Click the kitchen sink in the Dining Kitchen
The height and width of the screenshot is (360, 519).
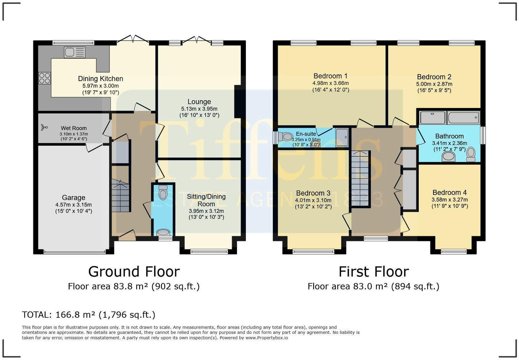[x=74, y=52]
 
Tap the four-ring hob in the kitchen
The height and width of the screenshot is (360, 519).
[x=44, y=78]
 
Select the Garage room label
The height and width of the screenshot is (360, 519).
[x=73, y=198]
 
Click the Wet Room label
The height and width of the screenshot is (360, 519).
[x=74, y=128]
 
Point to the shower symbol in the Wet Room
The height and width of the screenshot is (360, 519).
[x=44, y=127]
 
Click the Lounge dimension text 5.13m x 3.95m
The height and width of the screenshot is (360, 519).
[x=199, y=109]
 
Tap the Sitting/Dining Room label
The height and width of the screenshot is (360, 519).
[x=206, y=200]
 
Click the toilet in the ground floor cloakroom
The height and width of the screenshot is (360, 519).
[x=163, y=192]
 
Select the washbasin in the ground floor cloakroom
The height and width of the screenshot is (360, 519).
[x=164, y=232]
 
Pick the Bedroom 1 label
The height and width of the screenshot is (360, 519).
[x=330, y=76]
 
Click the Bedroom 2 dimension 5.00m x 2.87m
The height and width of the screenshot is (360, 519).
[x=434, y=84]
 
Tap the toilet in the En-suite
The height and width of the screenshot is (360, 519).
[x=285, y=137]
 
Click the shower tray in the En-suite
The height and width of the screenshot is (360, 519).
[x=342, y=137]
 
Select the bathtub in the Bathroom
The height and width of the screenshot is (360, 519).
[x=463, y=118]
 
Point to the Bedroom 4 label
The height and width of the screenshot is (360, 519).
[x=449, y=193]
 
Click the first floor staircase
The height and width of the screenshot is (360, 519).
[x=360, y=178]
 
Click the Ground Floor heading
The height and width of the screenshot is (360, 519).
[x=134, y=272]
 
